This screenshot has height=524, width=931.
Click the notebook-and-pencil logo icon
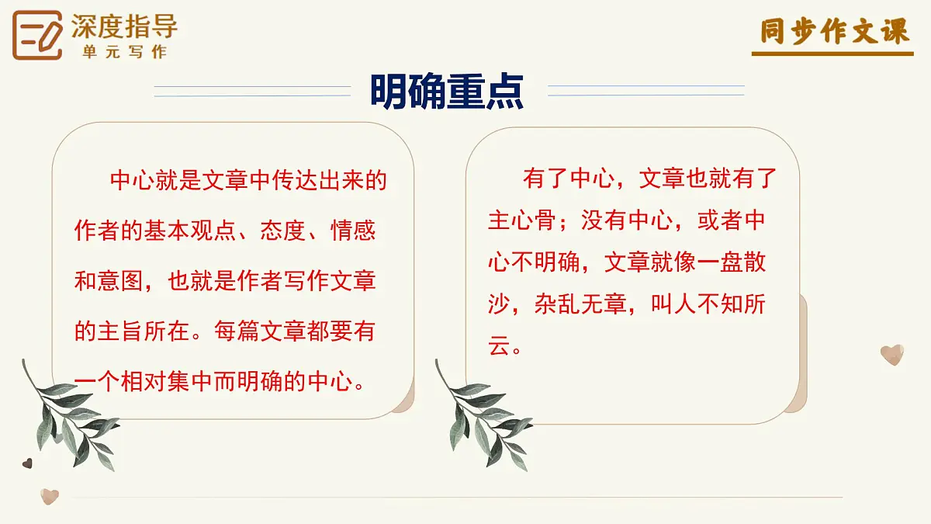point(37,35)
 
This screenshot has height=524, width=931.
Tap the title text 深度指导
point(124,26)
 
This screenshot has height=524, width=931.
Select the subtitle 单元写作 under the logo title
point(124,52)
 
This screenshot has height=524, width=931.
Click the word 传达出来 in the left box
point(295,182)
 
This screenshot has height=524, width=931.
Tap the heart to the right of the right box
point(892,355)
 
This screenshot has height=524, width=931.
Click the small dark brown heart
point(27,463)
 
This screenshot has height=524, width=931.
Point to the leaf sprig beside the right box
point(485,415)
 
